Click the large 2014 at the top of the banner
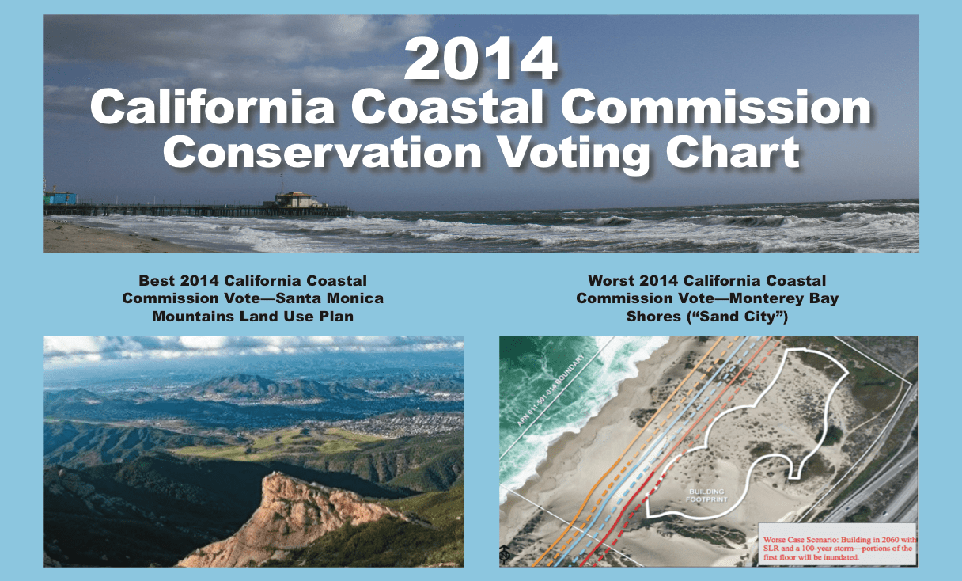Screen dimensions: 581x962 click(481, 59)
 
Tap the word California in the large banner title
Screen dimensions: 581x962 click(213, 108)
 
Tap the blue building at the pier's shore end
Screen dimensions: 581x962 click(60, 197)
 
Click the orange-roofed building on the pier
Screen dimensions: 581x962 click(297, 199)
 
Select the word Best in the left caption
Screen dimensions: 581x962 click(157, 281)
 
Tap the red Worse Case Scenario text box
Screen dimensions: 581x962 click(837, 544)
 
